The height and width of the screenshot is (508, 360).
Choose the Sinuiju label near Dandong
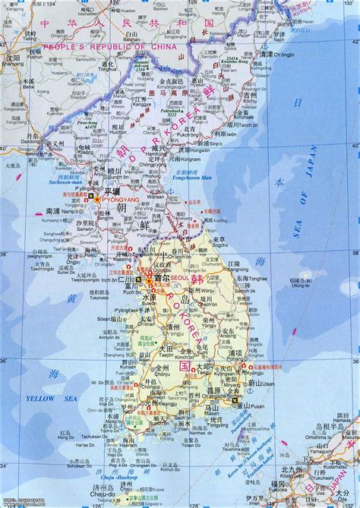pyautogui.click(x=57, y=147)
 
